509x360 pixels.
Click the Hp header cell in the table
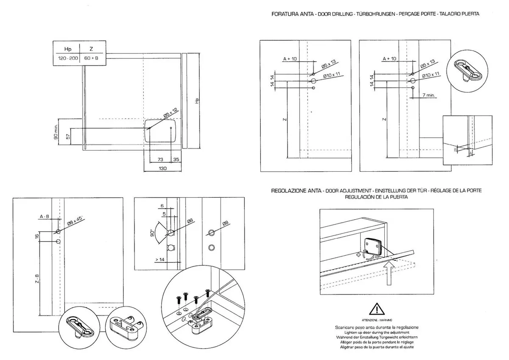point(68,49)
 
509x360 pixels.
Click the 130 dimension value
point(163,168)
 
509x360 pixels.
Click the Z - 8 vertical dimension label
point(37,280)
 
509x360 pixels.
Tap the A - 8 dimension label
point(45,217)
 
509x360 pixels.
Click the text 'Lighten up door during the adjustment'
point(377,333)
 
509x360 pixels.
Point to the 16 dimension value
point(37,236)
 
